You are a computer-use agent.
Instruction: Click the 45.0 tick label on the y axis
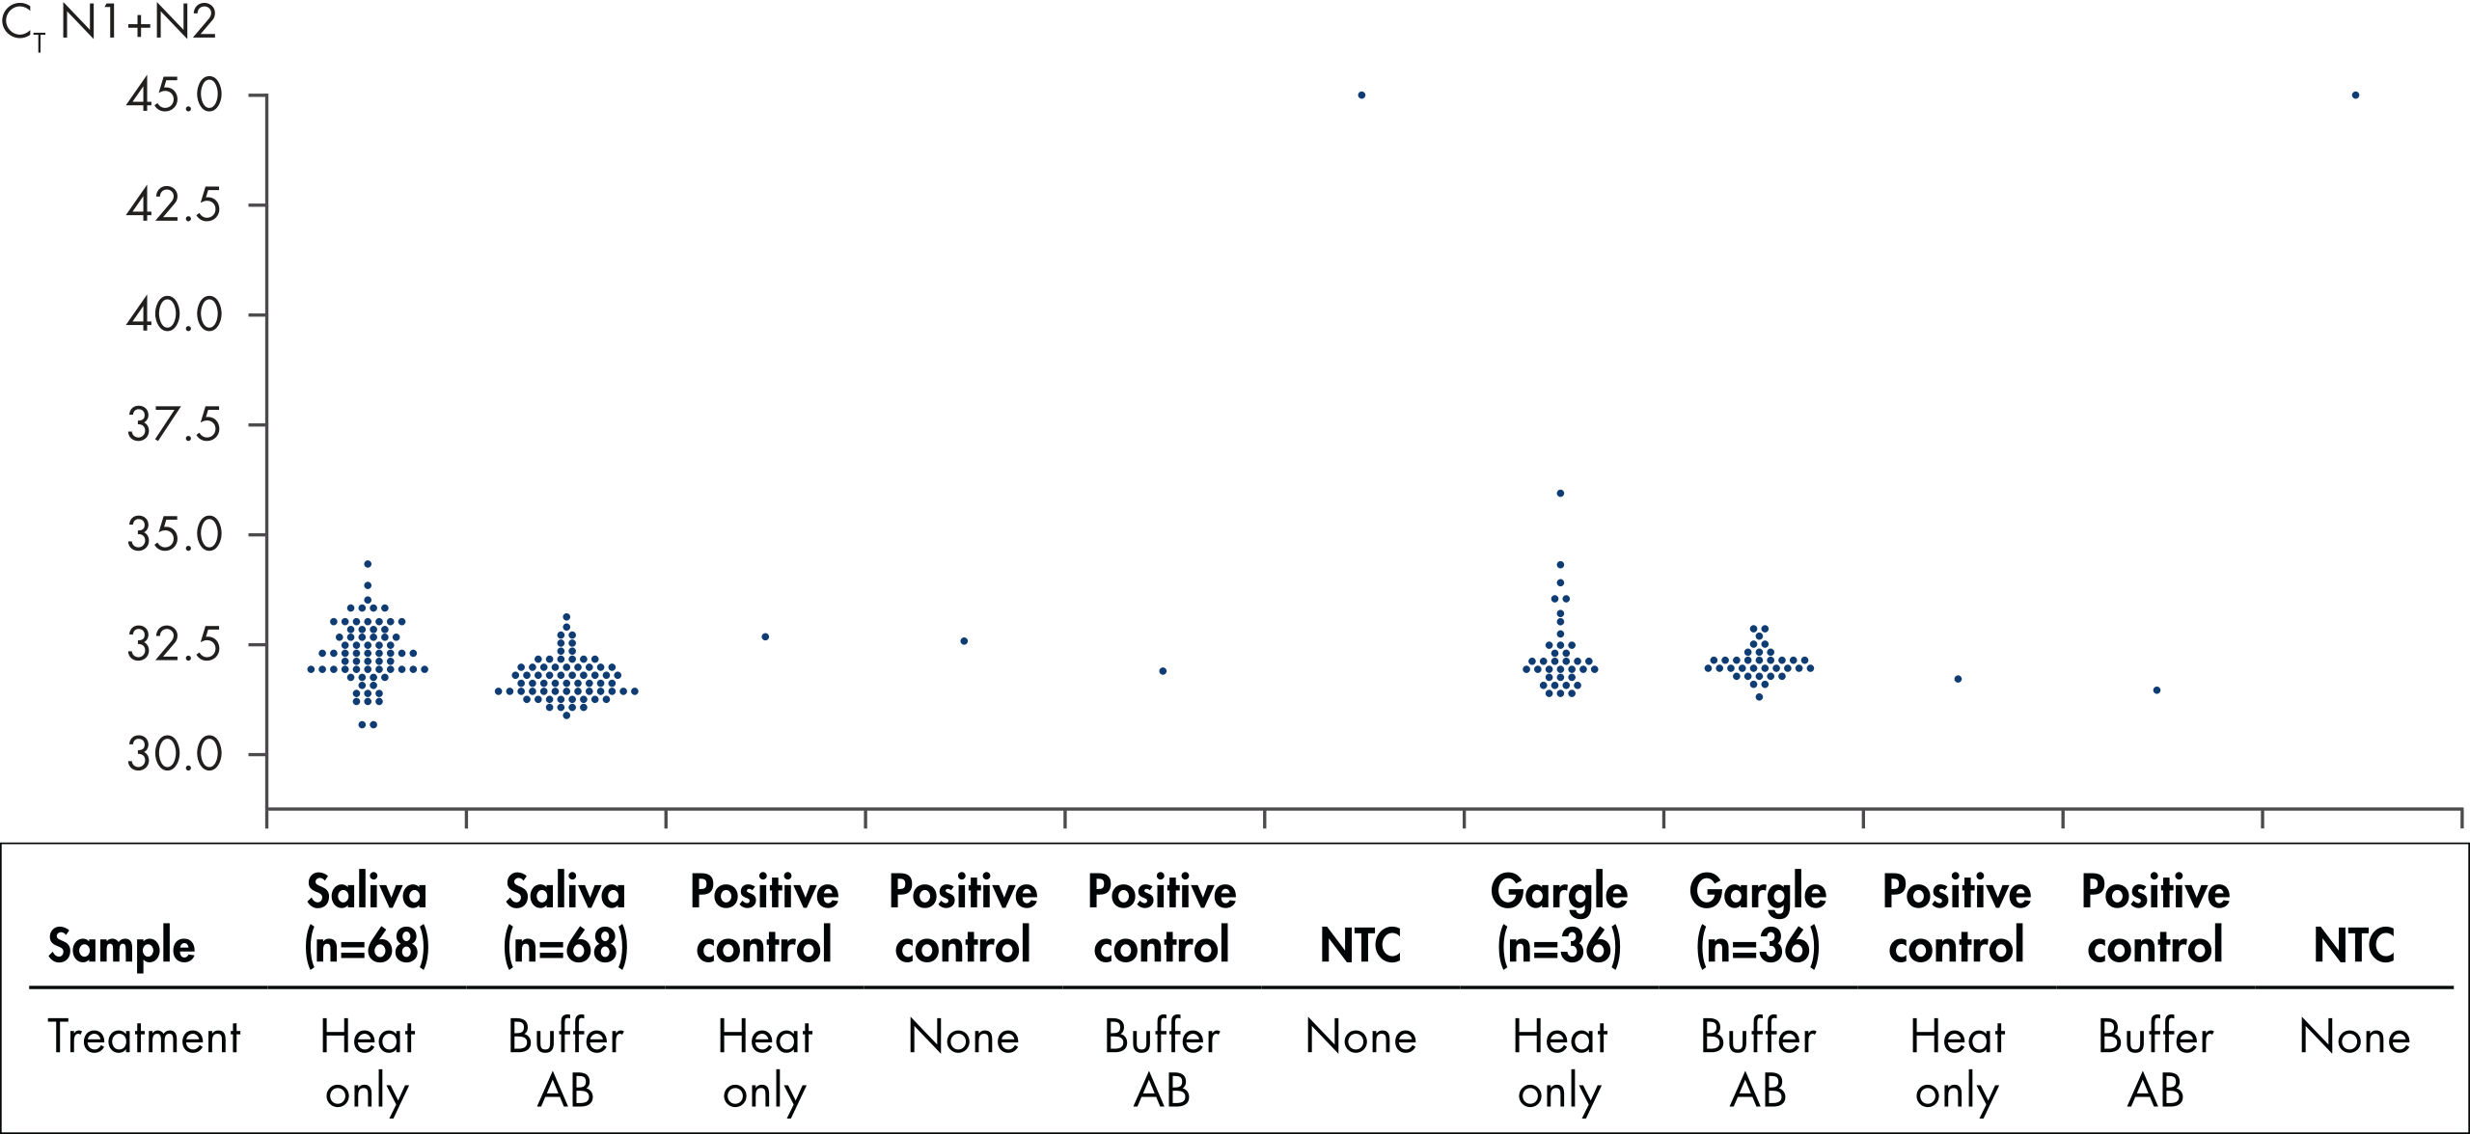coord(174,95)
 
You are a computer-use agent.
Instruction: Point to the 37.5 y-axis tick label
coord(174,424)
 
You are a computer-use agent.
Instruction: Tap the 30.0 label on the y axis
coord(174,754)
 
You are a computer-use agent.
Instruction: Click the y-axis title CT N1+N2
coord(108,23)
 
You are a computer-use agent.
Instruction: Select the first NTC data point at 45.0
coord(1361,95)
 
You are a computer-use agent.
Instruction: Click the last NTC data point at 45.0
coord(2355,95)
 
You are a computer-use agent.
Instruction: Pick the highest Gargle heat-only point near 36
coord(1560,493)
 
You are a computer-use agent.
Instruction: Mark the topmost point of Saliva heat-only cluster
coord(368,564)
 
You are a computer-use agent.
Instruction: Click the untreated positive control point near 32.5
coord(964,641)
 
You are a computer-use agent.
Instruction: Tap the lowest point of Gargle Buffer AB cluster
coord(1759,697)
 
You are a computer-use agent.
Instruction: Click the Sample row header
coord(122,946)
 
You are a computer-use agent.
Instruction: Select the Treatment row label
coord(145,1038)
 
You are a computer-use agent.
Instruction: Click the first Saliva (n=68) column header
coord(367,919)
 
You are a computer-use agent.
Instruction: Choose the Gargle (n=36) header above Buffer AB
coord(1758,919)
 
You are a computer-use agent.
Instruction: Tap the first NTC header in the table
coord(1360,946)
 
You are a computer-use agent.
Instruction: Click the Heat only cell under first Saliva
coord(367,1065)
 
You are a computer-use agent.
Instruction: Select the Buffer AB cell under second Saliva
coord(565,1065)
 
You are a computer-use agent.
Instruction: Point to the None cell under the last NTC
coord(2354,1038)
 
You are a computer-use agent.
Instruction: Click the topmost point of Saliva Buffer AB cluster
coord(566,616)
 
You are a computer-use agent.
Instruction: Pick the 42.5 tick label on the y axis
coord(174,205)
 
